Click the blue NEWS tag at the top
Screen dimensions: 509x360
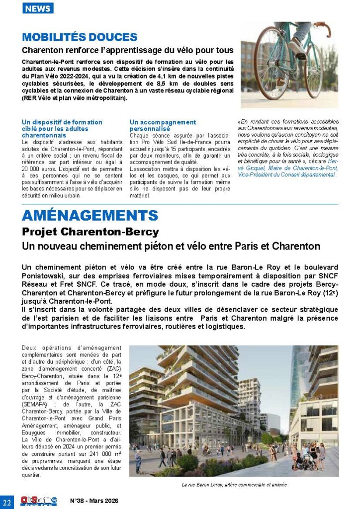[38, 8]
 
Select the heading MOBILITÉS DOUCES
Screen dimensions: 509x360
[80, 37]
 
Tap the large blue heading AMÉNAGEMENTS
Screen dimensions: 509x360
[90, 216]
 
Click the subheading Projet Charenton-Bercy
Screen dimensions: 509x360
[90, 232]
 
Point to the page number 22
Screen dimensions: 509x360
[7, 501]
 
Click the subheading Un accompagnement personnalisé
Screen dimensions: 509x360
[163, 125]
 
